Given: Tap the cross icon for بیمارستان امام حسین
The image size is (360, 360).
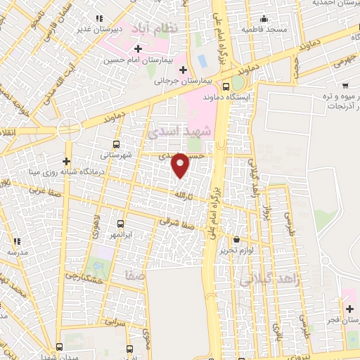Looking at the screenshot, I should pos(137,49).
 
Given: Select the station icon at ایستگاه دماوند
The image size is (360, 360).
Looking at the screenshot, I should pos(224,86).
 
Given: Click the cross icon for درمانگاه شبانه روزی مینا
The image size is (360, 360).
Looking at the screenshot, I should pos(67,162).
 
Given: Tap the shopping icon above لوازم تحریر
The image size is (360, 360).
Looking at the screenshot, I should pos(236,239).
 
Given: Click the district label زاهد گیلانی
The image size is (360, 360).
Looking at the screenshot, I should pos(269,280).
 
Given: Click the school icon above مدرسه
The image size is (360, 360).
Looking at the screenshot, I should pos(15,240).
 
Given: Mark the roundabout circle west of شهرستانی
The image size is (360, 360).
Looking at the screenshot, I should pos(70,129).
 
